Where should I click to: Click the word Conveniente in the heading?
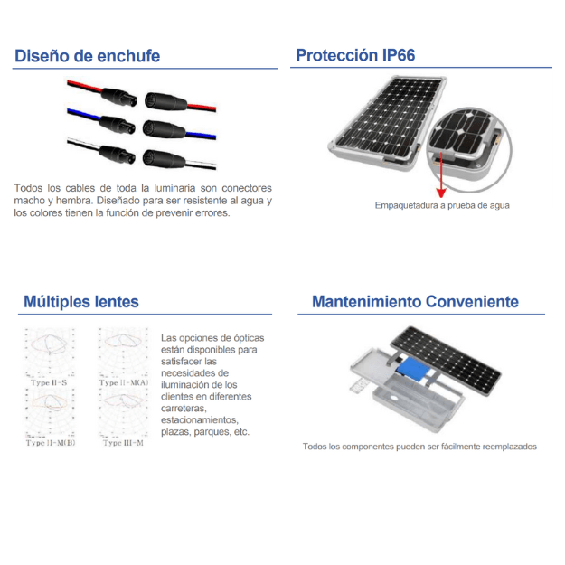[472, 301]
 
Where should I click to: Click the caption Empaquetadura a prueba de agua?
[442, 205]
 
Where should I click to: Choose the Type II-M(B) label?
[51, 443]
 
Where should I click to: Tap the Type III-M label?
[124, 443]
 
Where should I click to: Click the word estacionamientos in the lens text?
[200, 419]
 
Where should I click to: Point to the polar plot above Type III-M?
[125, 414]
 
